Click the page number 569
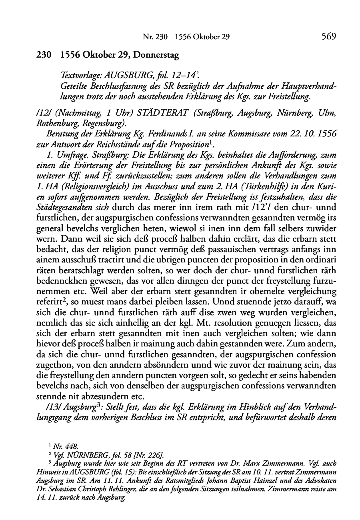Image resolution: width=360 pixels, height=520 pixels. tap(328, 37)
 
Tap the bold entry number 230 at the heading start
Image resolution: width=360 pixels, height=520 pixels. tap(43, 55)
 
